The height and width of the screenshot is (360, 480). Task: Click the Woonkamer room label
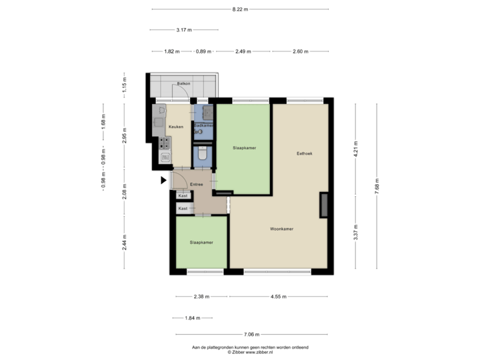(282, 229)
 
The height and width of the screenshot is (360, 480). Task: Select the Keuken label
(175, 127)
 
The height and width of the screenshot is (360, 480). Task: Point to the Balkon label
(183, 84)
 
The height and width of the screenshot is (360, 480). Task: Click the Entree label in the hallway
(196, 184)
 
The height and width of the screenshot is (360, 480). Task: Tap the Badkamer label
(203, 125)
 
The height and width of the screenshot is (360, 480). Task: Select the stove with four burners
(165, 142)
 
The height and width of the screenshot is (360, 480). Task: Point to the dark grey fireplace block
(324, 205)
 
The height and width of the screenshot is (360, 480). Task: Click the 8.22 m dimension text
(240, 9)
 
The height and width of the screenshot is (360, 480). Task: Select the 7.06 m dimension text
(251, 335)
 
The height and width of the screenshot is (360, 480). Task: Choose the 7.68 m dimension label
(377, 185)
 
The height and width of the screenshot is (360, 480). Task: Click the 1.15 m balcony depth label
(124, 85)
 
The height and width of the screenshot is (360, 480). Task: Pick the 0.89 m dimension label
(203, 51)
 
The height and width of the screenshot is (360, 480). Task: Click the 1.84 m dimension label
(192, 318)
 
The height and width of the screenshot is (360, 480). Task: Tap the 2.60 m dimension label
(300, 51)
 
